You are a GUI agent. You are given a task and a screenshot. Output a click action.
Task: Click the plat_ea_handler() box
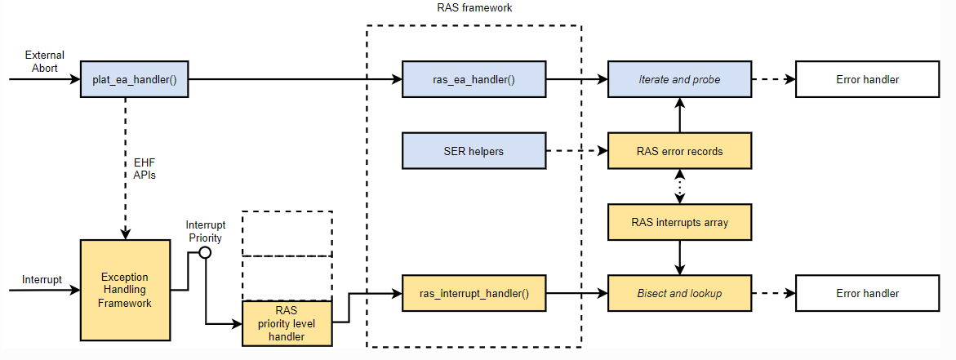click(135, 80)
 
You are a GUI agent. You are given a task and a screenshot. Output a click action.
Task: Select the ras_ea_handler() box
click(474, 80)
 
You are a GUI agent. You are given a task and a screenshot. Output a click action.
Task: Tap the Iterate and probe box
click(679, 80)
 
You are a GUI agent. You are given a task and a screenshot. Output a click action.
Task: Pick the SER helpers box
click(474, 151)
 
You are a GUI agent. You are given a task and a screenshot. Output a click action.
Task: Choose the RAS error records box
click(679, 151)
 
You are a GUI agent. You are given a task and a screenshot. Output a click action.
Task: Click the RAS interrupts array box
click(679, 221)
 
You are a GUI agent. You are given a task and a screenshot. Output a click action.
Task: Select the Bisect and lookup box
click(679, 293)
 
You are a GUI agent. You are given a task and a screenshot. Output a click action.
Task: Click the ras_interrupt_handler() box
click(474, 293)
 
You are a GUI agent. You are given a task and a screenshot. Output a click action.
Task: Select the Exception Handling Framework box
click(127, 291)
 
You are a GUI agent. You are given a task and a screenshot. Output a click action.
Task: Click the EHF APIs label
click(145, 168)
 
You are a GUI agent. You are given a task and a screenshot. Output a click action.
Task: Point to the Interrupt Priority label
click(205, 231)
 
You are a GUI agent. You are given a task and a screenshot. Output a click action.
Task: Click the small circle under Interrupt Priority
click(205, 252)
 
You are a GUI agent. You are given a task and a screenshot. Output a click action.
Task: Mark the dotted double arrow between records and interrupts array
click(679, 186)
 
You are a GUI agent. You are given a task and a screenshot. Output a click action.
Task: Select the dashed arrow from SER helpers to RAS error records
click(576, 151)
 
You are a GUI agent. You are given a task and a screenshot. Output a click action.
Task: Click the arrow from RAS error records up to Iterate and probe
click(679, 114)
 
